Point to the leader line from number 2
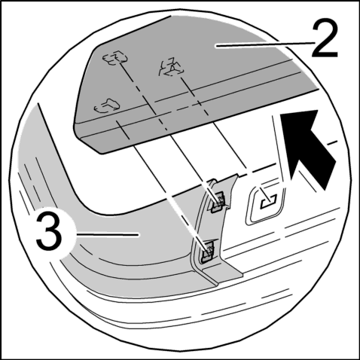[265, 44]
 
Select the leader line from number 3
[108, 234]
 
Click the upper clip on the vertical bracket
[218, 202]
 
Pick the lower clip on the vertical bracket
[208, 252]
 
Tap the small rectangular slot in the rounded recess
[269, 201]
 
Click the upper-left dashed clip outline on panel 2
[115, 58]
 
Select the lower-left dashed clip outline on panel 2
[107, 105]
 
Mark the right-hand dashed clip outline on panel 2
[171, 67]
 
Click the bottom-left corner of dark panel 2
[101, 154]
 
